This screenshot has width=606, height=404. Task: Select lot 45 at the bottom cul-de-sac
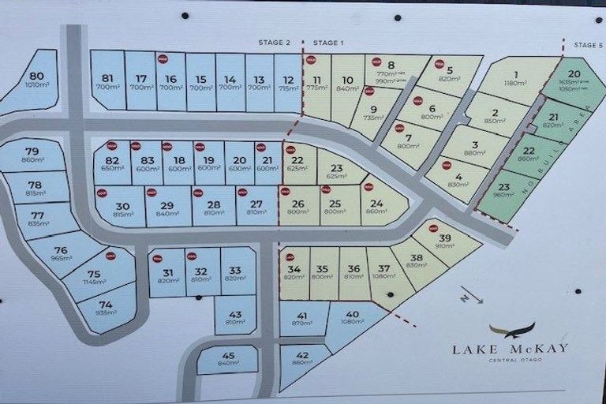[x=228, y=359]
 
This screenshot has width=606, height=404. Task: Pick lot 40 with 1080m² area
[x=352, y=320]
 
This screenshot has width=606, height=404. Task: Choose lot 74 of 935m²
[x=106, y=309]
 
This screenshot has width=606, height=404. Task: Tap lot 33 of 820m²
[x=236, y=271]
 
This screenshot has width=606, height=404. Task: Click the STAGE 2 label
[x=275, y=42]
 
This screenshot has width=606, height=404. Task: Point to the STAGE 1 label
[x=329, y=42]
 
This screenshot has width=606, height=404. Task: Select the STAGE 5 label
[x=588, y=45]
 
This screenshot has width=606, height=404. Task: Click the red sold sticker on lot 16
[x=163, y=58]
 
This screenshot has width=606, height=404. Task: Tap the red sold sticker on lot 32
[x=191, y=256]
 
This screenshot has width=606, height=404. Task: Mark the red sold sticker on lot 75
[x=110, y=255]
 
